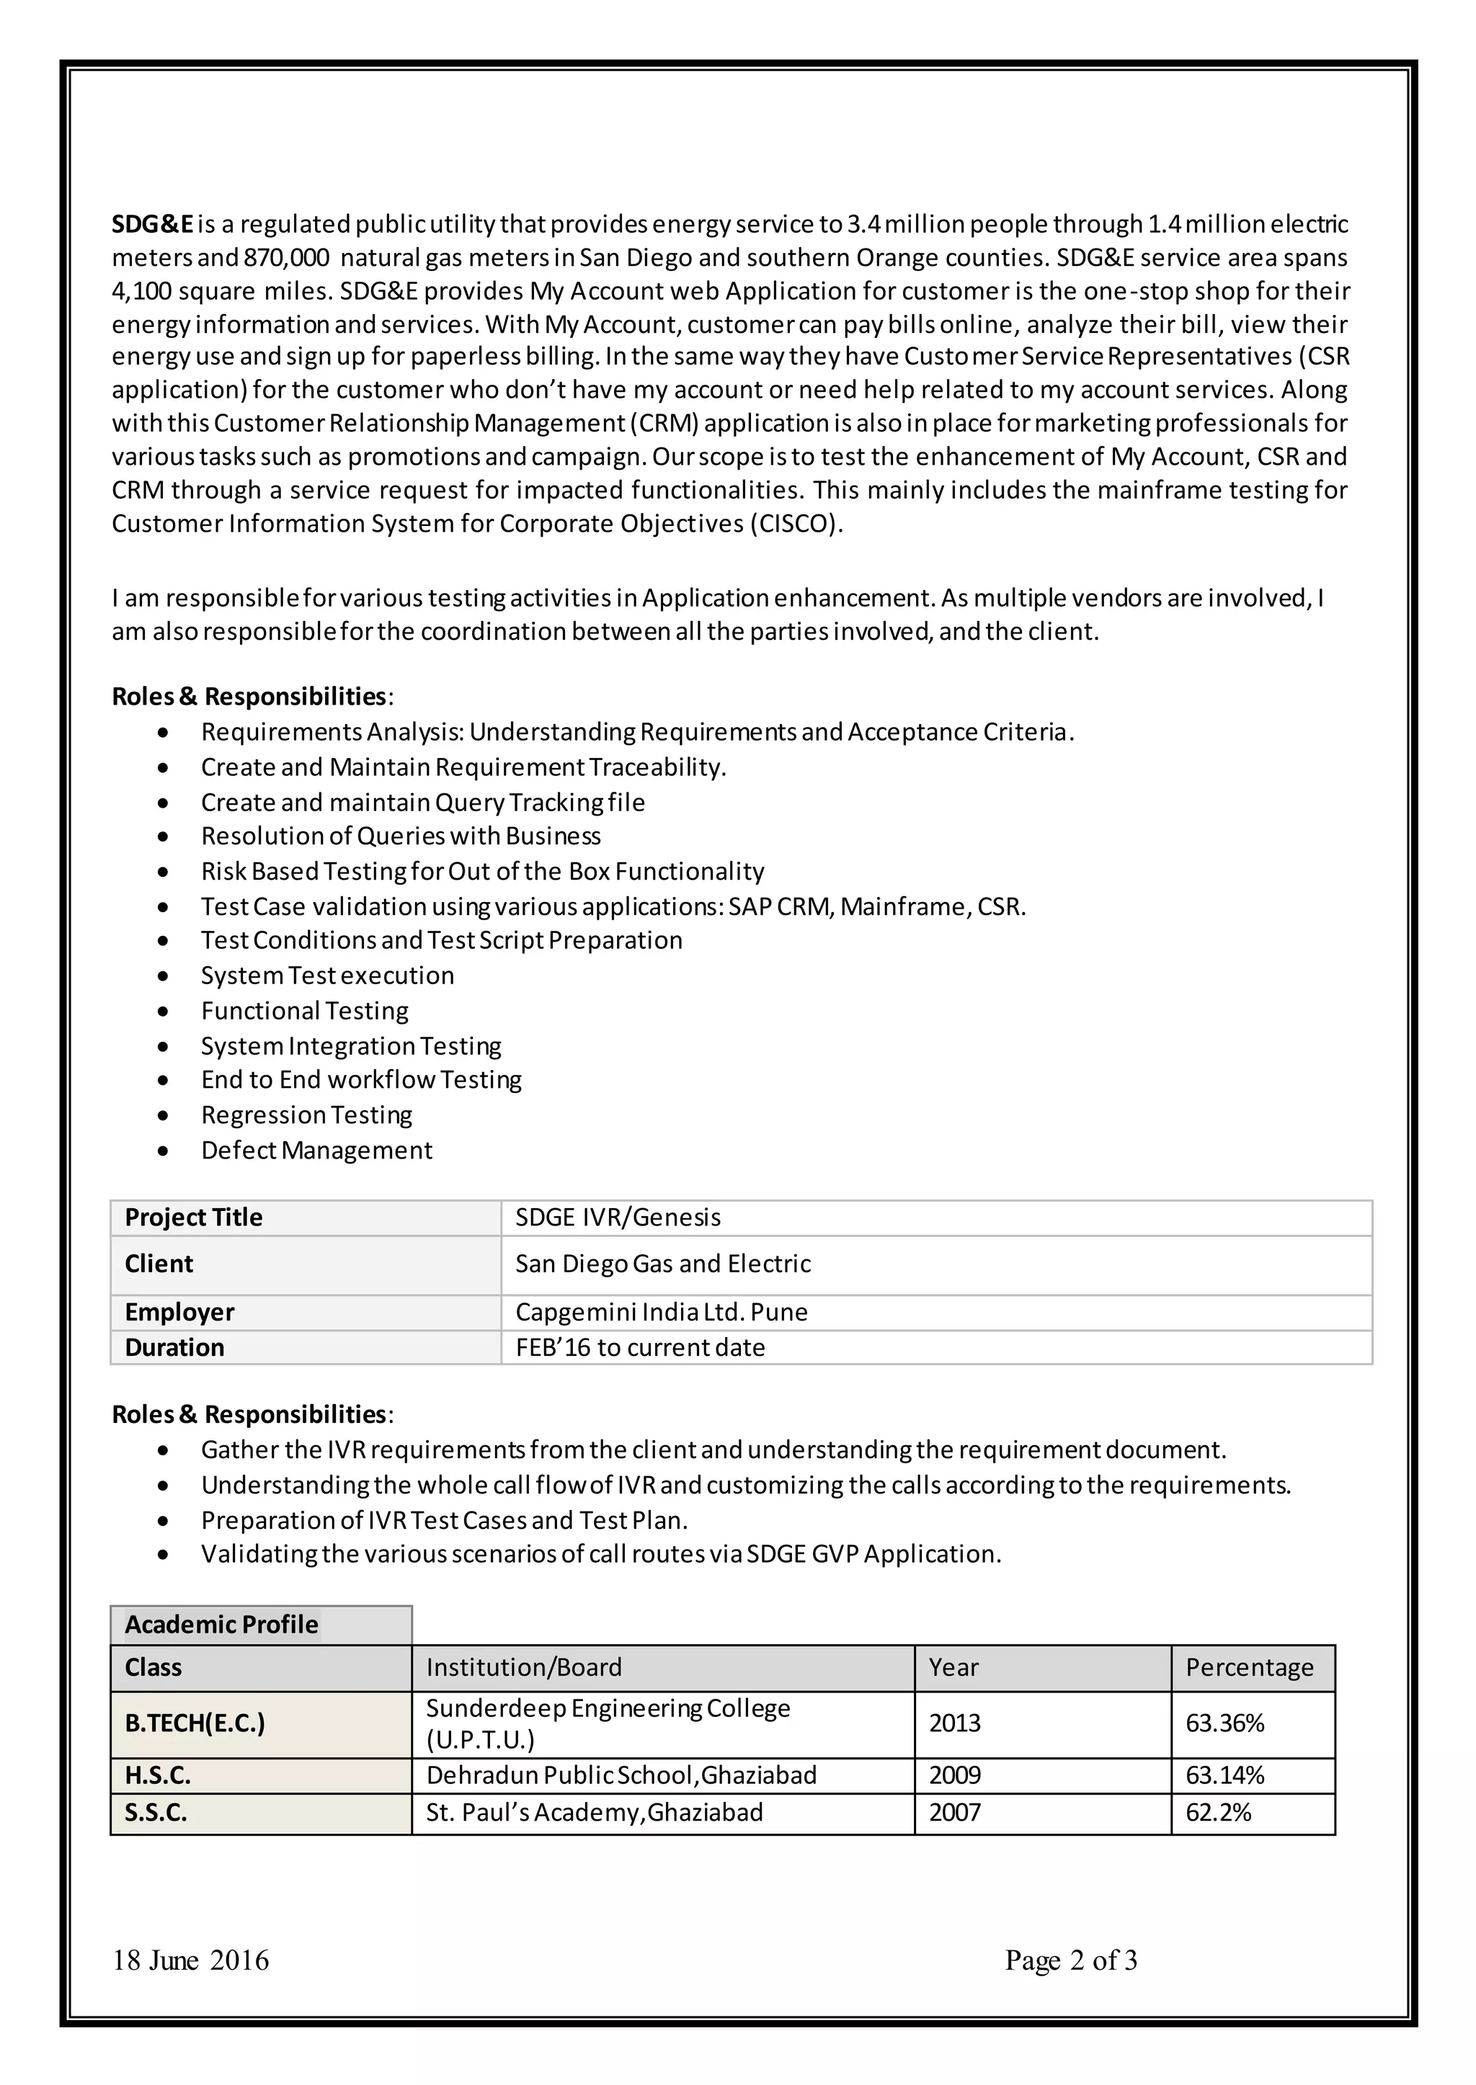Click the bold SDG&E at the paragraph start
153,223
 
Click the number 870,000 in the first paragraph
285,258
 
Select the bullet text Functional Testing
304,1010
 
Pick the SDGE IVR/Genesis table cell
618,1218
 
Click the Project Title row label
194,1218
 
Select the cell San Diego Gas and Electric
662,1264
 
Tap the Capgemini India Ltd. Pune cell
661,1312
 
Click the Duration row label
174,1347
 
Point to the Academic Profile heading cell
222,1625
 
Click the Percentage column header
1250,1667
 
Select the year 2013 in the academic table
954,1723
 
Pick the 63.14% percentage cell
1224,1775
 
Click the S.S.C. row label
156,1813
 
